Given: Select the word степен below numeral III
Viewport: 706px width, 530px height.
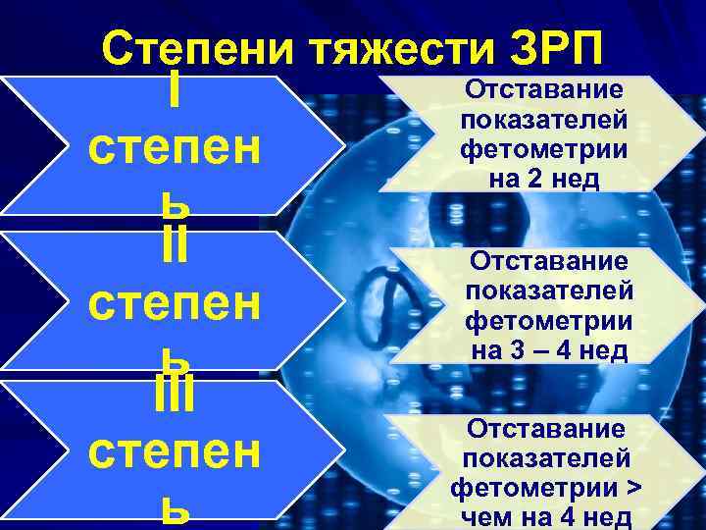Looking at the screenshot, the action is click(174, 453).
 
